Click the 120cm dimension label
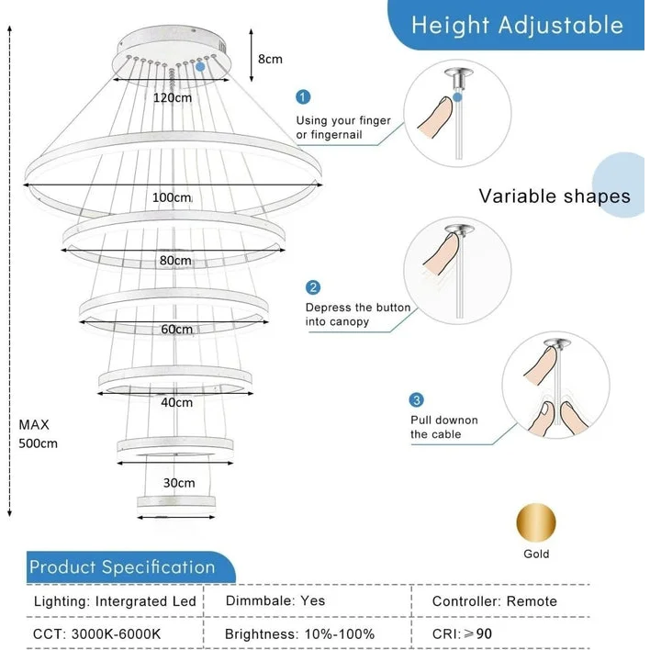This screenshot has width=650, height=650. pyautogui.click(x=173, y=97)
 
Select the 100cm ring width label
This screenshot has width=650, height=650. pyautogui.click(x=172, y=197)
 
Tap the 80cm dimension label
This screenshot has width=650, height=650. pyautogui.click(x=174, y=261)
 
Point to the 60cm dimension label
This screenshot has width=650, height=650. pyautogui.click(x=176, y=329)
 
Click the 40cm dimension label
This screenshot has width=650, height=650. pyautogui.click(x=176, y=402)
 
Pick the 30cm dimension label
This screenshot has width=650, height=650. pyautogui.click(x=179, y=483)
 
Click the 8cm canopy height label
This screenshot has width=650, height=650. pyautogui.click(x=270, y=59)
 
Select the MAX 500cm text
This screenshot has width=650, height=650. pyautogui.click(x=38, y=434)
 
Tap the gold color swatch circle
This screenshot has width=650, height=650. pyautogui.click(x=536, y=523)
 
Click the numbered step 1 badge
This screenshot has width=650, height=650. pyautogui.click(x=304, y=97)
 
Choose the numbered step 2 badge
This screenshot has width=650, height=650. pyautogui.click(x=313, y=287)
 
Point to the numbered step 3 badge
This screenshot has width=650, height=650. pyautogui.click(x=417, y=400)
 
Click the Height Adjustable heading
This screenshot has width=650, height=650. pyautogui.click(x=517, y=25)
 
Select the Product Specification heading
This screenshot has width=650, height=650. pyautogui.click(x=122, y=566)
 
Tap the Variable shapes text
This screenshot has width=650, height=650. pyautogui.click(x=555, y=196)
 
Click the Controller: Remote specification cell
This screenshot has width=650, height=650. pyautogui.click(x=495, y=601)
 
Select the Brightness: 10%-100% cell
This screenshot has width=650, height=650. pyautogui.click(x=299, y=633)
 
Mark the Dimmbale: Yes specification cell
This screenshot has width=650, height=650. pyautogui.click(x=275, y=601)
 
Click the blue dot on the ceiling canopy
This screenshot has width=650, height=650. pyautogui.click(x=200, y=66)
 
